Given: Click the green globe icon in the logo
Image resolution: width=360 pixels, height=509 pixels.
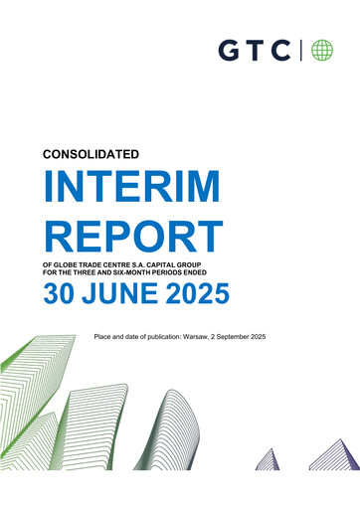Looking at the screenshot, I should [x=321, y=50].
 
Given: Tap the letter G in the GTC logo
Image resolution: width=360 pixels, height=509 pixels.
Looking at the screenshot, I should [x=229, y=50].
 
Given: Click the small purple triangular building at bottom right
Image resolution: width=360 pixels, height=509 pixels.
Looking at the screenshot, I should [x=267, y=460].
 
